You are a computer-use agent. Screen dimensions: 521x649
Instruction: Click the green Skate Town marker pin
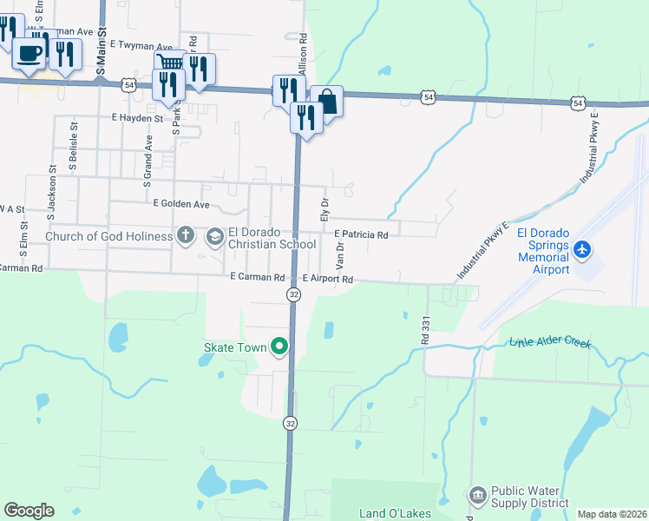tap(279, 347)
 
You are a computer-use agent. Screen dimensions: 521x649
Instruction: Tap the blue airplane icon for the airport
tap(581, 250)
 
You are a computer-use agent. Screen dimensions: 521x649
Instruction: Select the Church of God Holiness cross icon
tap(185, 234)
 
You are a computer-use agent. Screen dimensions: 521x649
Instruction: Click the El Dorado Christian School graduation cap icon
tap(214, 236)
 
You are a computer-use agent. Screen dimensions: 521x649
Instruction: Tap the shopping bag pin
tap(326, 102)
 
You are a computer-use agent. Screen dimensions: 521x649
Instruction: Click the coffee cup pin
tap(29, 54)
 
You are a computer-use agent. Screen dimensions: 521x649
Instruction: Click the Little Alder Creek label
tap(550, 343)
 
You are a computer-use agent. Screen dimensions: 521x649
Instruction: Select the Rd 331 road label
tap(425, 328)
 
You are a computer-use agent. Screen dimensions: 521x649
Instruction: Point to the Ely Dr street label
tap(324, 209)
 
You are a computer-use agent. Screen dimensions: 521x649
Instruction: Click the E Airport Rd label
tap(328, 280)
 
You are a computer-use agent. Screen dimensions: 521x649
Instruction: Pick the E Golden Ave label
tap(181, 204)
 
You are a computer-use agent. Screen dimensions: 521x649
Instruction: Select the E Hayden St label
tap(137, 117)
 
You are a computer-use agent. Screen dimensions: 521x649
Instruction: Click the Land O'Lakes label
tap(396, 513)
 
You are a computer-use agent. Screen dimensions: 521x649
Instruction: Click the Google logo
tap(29, 511)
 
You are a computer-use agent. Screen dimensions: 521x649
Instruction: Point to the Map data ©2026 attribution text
tap(611, 514)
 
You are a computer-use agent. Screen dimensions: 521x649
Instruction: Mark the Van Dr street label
tap(340, 249)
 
